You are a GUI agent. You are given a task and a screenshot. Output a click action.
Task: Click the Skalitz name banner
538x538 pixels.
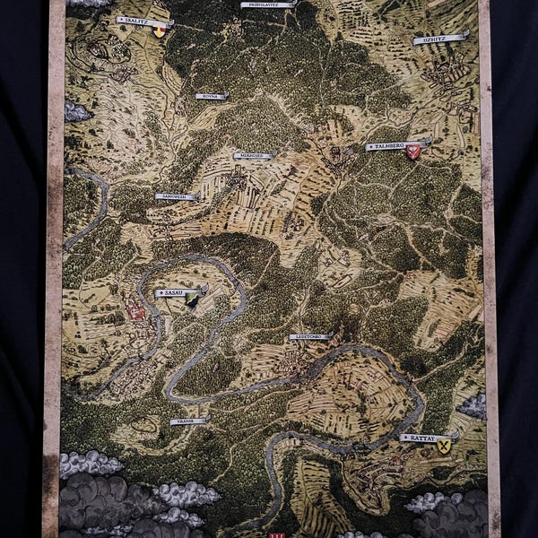[x=142, y=21]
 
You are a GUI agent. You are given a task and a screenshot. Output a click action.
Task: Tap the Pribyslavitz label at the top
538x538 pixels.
[x=268, y=4]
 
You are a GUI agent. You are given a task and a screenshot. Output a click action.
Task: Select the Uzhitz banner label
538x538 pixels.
[x=440, y=39]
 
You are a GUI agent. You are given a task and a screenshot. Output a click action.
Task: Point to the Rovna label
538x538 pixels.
[x=212, y=96]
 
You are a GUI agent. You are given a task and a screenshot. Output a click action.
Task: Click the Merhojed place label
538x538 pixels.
[x=253, y=156]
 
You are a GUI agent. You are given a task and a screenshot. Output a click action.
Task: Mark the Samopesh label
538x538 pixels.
[x=177, y=196]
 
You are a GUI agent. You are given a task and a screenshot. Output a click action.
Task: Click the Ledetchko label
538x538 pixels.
[x=310, y=336]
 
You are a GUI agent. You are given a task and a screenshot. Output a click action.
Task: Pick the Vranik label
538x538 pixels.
[x=189, y=420]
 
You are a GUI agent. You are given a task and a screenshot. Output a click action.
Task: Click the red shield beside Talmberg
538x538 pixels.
[x=413, y=152]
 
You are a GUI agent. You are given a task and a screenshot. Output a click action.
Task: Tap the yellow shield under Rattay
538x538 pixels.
[x=444, y=446]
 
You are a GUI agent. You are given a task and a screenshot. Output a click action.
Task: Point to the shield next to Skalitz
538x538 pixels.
[x=160, y=31]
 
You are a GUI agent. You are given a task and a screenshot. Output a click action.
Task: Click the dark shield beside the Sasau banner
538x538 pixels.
[x=193, y=301]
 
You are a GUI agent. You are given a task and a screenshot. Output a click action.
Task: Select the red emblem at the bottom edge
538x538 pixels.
[x=275, y=534]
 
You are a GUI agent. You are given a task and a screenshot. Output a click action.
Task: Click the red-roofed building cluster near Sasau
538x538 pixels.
[x=136, y=312]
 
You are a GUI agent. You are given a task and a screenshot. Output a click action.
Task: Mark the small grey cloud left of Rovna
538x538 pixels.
[x=77, y=112]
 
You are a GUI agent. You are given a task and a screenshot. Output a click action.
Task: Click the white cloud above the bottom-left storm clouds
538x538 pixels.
[x=90, y=463]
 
